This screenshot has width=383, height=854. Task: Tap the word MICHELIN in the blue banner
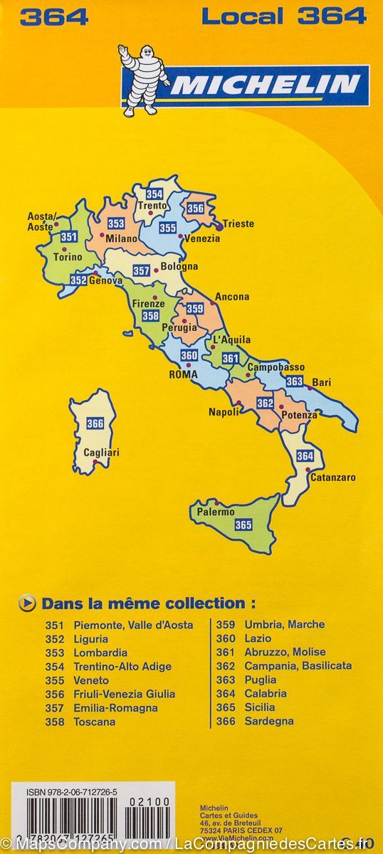click(265, 85)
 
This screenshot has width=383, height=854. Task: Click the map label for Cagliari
click(102, 453)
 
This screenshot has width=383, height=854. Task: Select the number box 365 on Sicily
click(243, 525)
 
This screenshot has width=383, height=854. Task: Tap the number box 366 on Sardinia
click(95, 424)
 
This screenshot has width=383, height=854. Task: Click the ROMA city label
click(183, 374)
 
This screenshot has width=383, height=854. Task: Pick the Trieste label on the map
click(238, 223)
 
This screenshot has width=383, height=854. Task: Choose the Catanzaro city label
click(332, 478)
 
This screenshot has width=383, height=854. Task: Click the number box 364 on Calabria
click(305, 455)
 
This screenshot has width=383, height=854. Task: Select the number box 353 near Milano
click(116, 223)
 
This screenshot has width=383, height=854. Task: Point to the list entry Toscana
click(94, 722)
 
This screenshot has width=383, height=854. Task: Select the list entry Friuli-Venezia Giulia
click(124, 694)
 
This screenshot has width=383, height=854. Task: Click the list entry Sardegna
click(268, 722)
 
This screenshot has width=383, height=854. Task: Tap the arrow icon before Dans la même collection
click(26, 603)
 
